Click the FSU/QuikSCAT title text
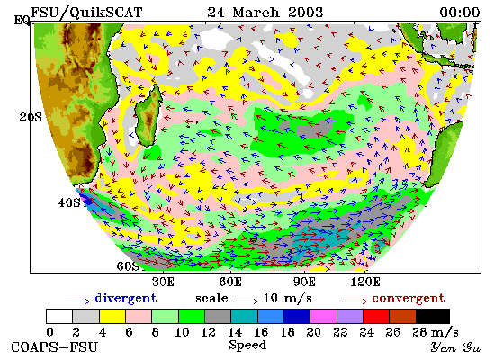tap(86, 13)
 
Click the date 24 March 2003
tap(265, 13)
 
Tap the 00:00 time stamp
tap(460, 13)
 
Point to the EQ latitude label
tap(22, 20)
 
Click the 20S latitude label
tap(31, 118)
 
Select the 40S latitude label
tap(69, 202)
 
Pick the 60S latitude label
tap(128, 266)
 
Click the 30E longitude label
tap(163, 282)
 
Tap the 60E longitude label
tap(230, 282)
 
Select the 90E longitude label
tap(304, 282)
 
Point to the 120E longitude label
tap(365, 282)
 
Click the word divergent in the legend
tap(126, 299)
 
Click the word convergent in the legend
tap(409, 299)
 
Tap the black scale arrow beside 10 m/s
tap(246, 301)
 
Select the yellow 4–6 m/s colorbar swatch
tap(112, 317)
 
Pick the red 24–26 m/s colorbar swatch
tap(376, 317)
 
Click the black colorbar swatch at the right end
tap(433, 317)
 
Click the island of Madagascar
tap(148, 116)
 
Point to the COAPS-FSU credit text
tap(55, 347)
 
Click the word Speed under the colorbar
tap(247, 345)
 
